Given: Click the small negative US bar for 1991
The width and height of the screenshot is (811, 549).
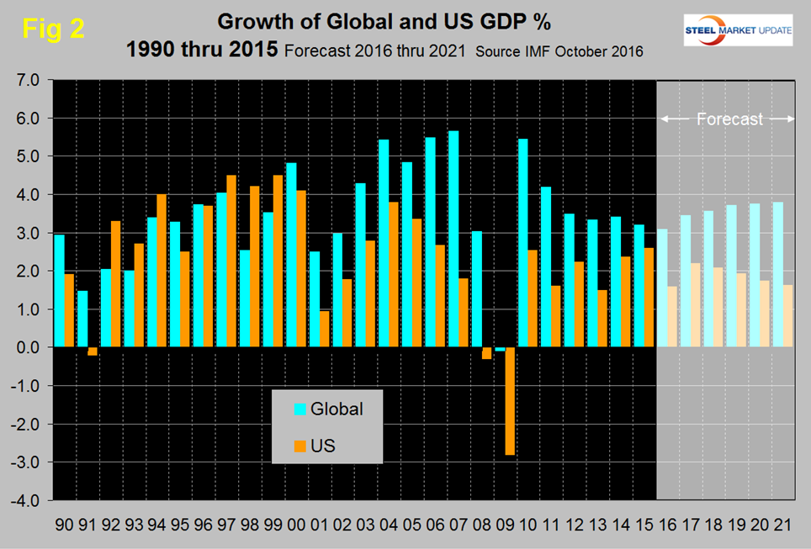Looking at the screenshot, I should coord(93,351).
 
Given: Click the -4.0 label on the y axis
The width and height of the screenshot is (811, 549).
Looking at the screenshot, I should coord(25,500).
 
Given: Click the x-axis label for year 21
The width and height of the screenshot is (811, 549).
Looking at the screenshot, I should coord(781,525).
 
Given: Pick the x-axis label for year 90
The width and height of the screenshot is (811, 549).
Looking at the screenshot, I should coord(64,525).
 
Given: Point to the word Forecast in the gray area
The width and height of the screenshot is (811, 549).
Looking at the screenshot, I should coord(729,119).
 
